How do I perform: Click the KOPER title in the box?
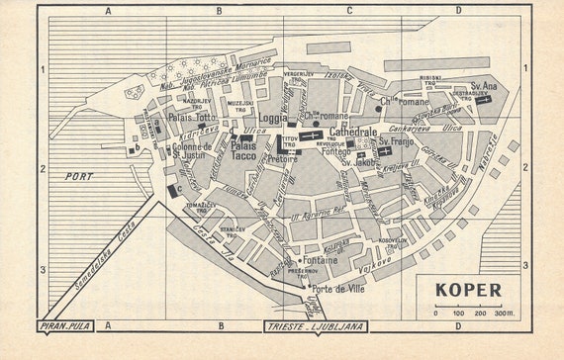tap(466, 291)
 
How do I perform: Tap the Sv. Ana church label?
tap(484, 86)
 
